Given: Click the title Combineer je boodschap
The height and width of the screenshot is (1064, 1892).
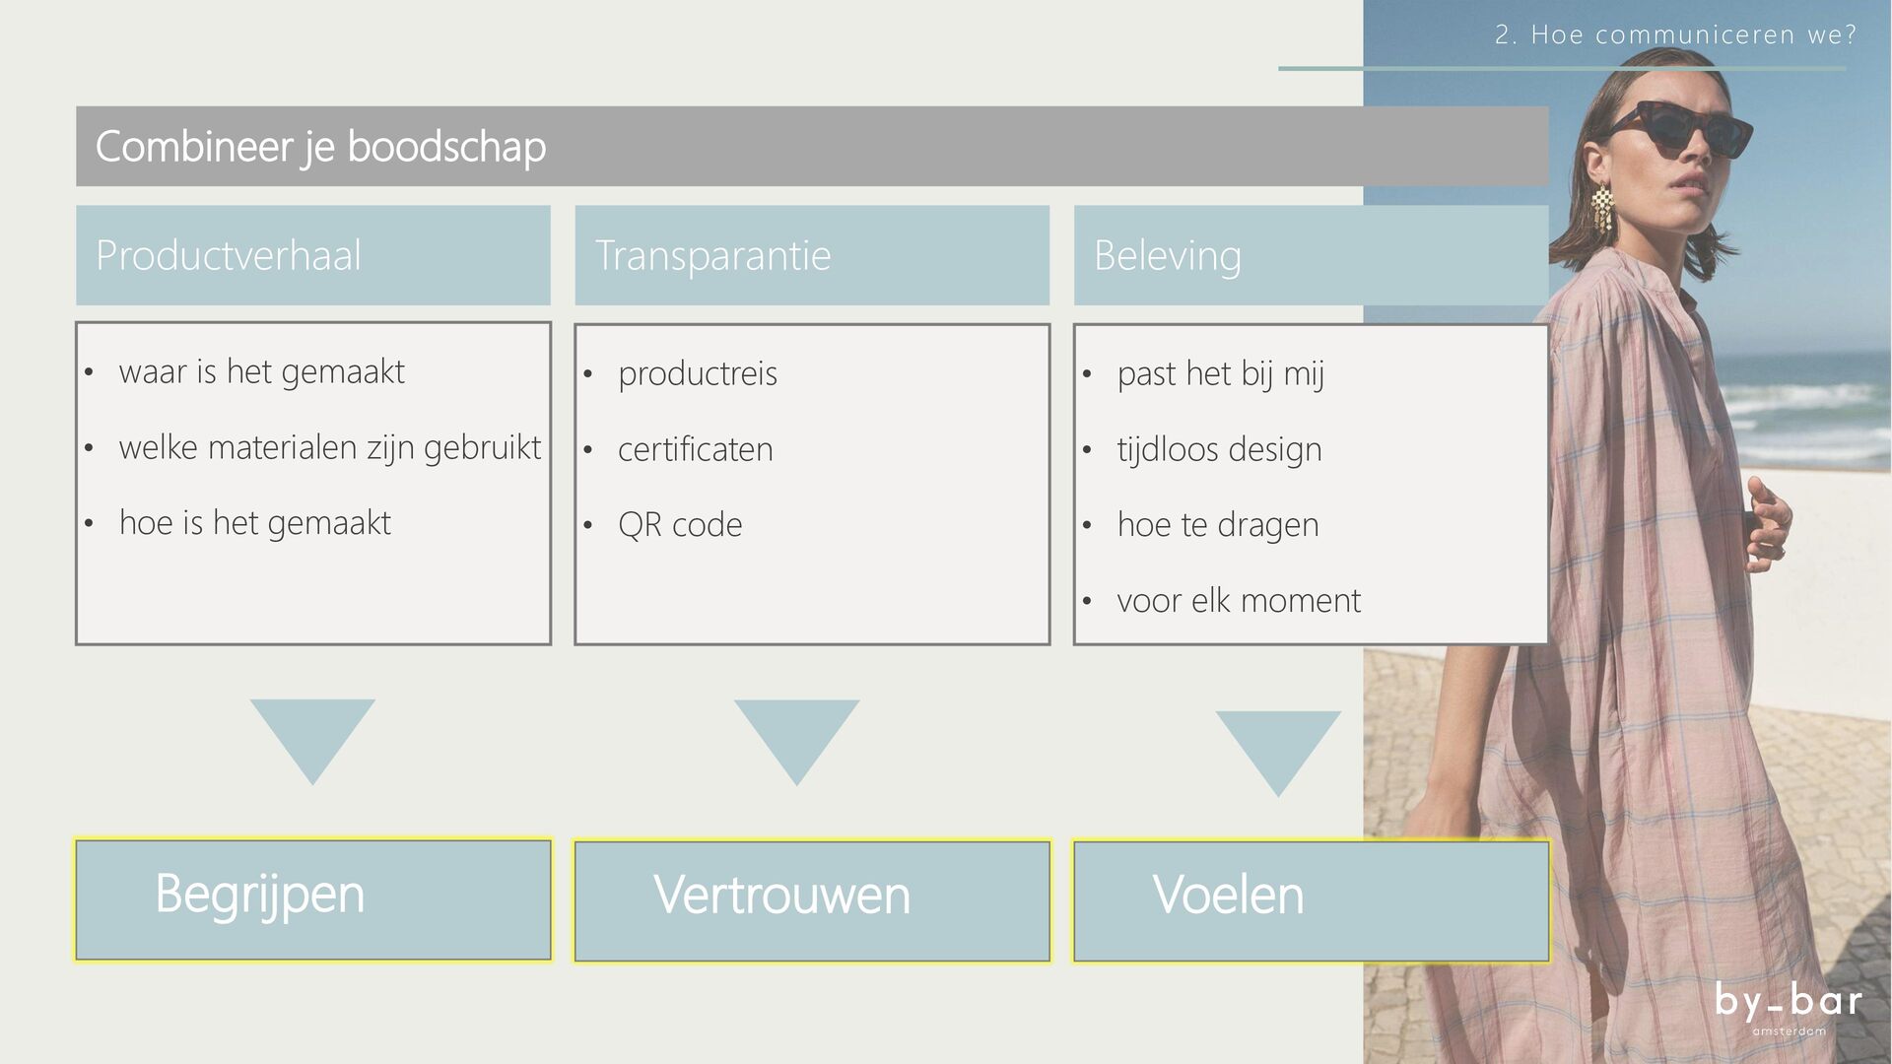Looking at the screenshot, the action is click(320, 147).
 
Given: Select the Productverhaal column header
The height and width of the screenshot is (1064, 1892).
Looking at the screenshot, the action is click(229, 256).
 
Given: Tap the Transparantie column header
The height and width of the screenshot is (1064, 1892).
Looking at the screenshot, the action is click(712, 256).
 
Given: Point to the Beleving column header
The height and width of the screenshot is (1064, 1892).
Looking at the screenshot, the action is click(1167, 256).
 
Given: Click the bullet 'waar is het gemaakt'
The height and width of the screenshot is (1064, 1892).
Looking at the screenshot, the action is click(261, 372).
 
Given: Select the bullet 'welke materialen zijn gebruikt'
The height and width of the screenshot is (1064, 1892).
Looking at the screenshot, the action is click(329, 448).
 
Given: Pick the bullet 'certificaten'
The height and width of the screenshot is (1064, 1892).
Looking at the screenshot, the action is click(695, 450).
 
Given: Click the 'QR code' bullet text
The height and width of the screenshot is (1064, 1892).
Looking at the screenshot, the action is click(680, 525).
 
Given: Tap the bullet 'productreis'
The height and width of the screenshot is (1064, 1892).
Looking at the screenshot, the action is click(697, 374).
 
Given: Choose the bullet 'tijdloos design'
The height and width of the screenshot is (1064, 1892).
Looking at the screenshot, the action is click(1219, 450).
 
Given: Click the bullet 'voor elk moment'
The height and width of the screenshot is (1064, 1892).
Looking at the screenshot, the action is click(1239, 601).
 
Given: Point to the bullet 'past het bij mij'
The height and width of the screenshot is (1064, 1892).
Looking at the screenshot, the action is click(1220, 374).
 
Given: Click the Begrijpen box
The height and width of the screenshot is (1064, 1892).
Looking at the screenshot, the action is click(313, 899).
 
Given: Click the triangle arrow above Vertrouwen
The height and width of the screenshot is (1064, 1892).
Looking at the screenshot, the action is click(796, 734).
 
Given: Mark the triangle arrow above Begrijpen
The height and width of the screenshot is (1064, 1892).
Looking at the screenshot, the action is click(312, 734).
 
